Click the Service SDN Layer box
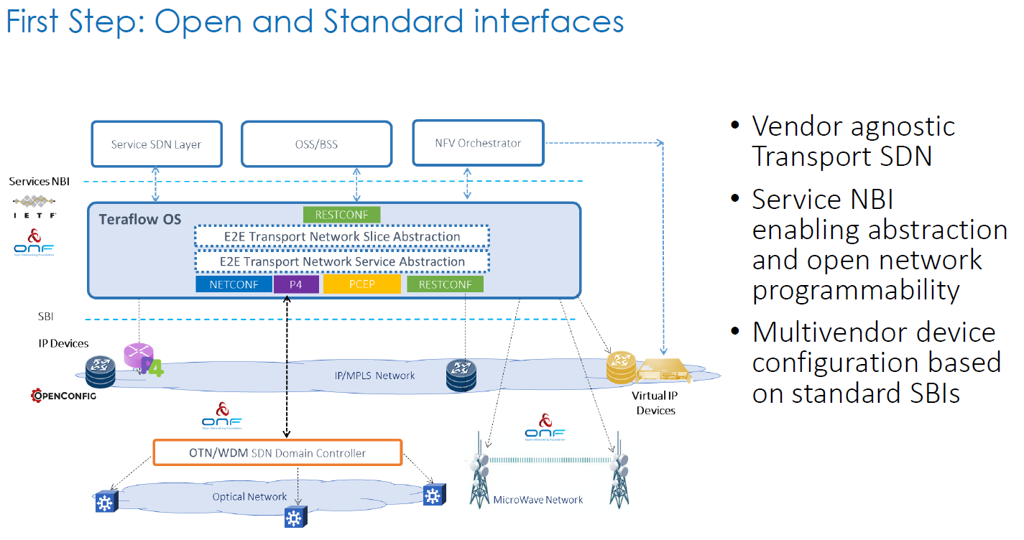point(156,144)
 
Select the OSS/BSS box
point(316,144)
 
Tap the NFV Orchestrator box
point(478,143)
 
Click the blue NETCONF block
point(234,285)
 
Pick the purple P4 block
point(295,285)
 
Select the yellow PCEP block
point(361,285)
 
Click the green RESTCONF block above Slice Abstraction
point(341,215)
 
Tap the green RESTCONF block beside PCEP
point(445,285)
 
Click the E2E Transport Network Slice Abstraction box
point(341,236)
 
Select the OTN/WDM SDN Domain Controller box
point(277,453)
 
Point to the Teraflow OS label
point(140,219)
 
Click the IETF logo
point(35,206)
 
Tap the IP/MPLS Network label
point(375,376)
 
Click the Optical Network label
point(249,497)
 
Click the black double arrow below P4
point(287,366)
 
